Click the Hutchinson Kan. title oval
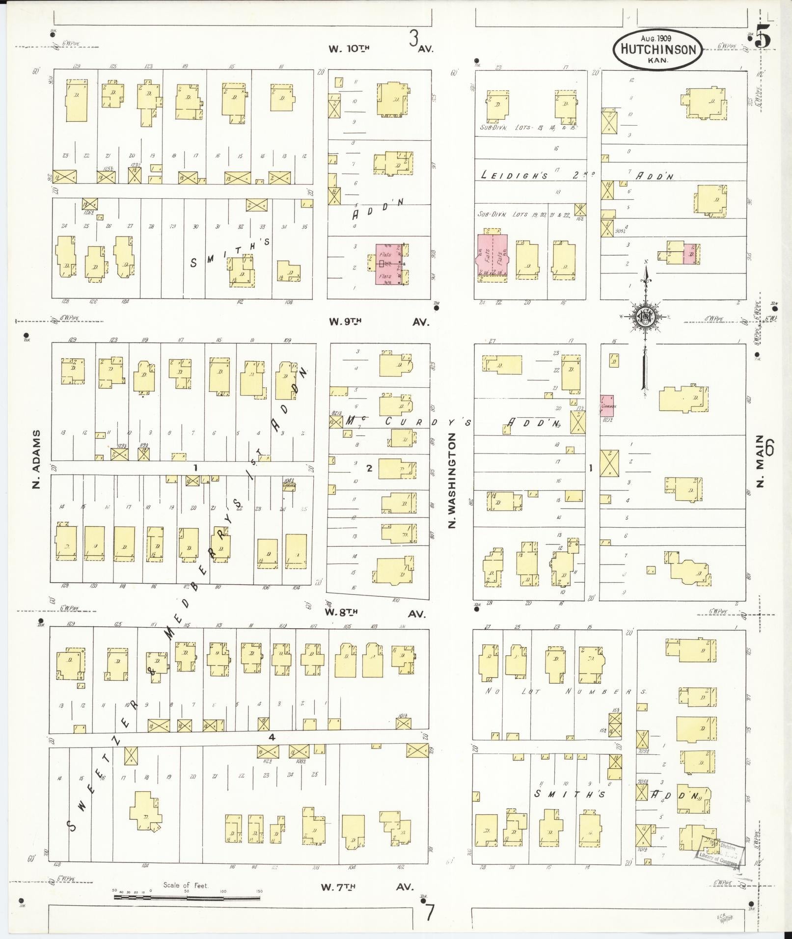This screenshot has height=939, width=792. [657, 50]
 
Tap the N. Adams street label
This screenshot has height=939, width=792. [35, 460]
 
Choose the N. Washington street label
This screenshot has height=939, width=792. [452, 480]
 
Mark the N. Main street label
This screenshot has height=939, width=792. [760, 461]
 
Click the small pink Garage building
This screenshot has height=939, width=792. [606, 405]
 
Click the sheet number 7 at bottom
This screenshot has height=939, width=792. [430, 912]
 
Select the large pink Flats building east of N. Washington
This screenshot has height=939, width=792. [492, 257]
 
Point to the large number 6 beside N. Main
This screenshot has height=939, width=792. [769, 448]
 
